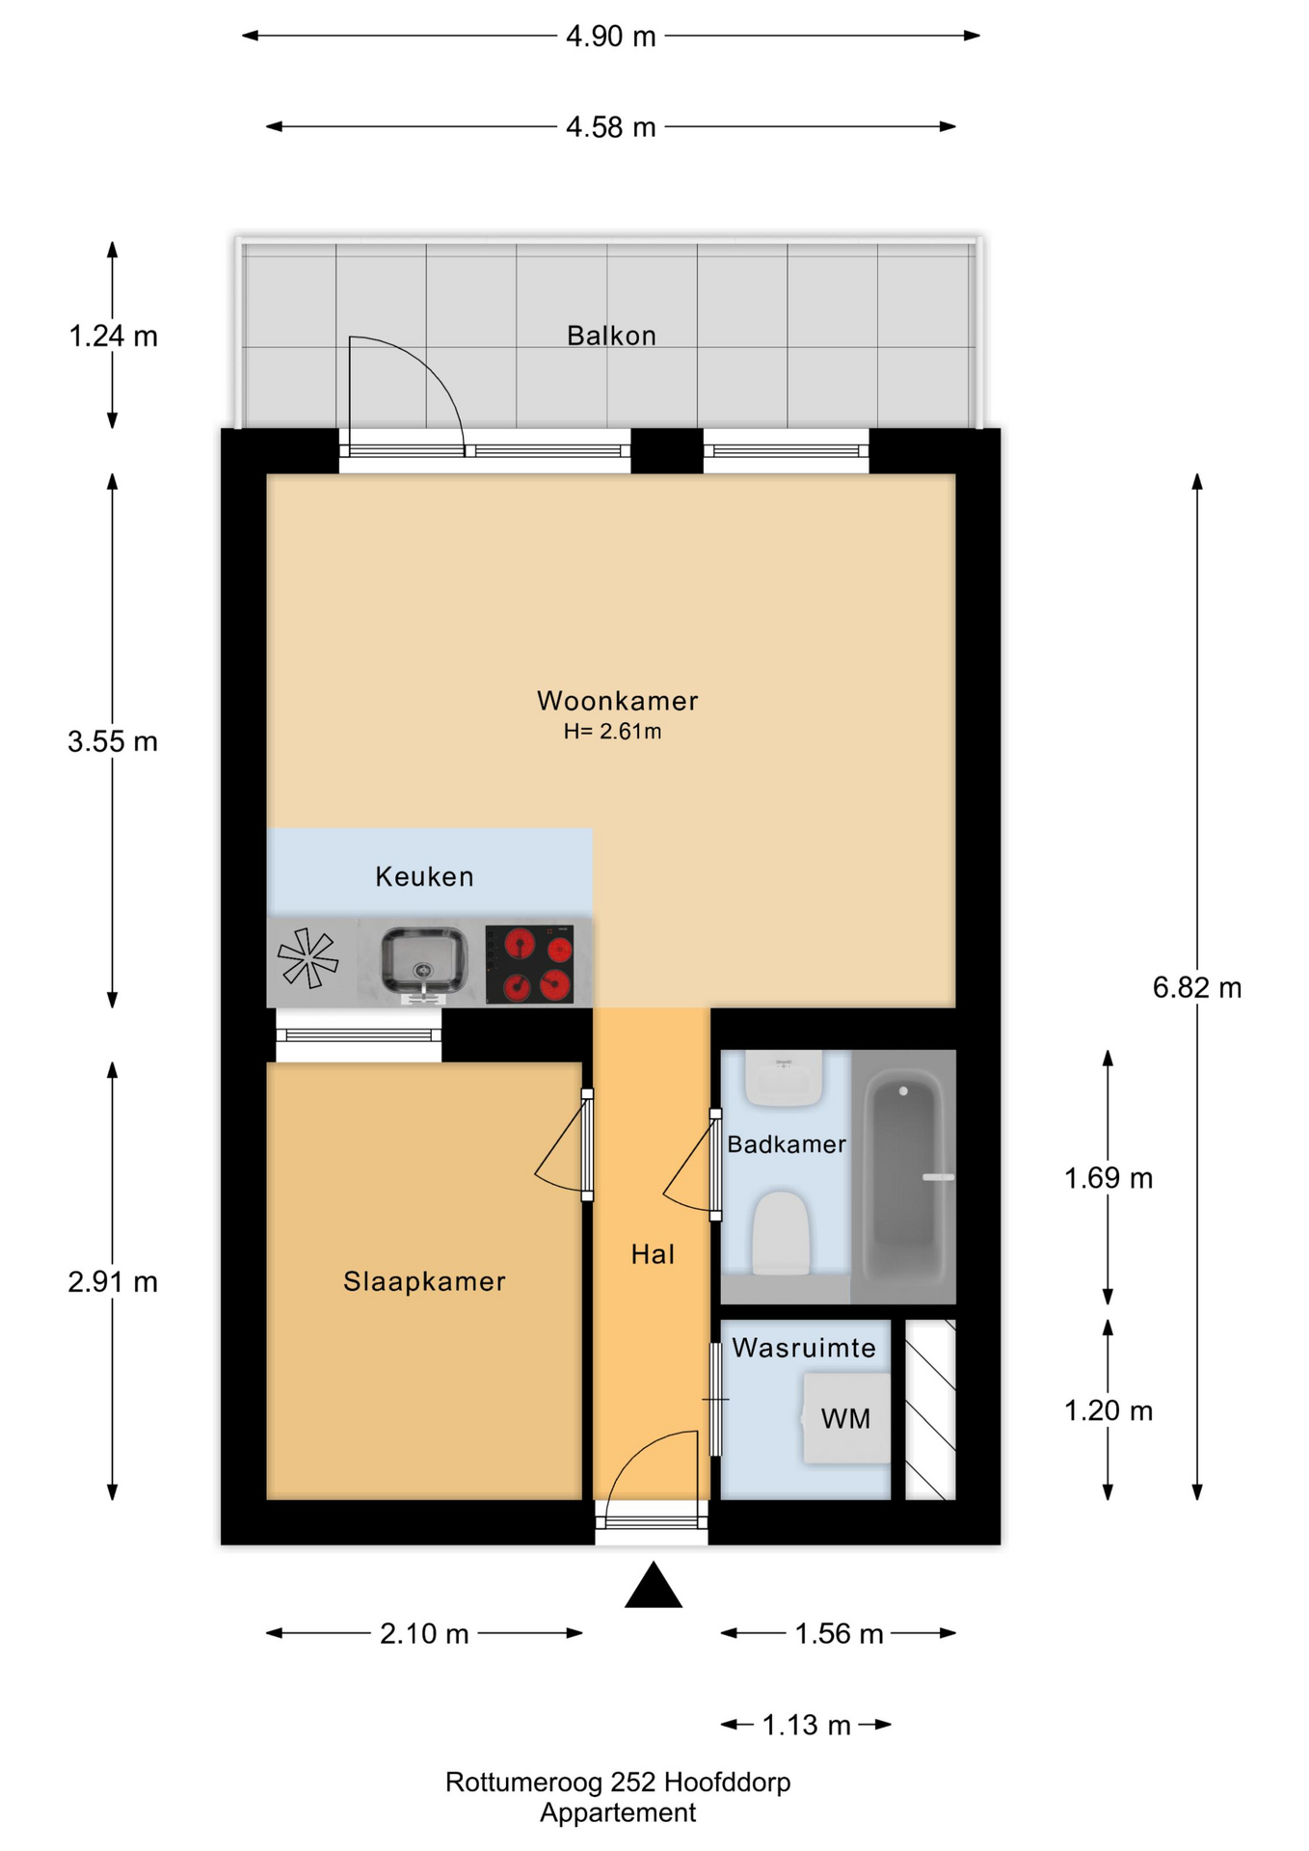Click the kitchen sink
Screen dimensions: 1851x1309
click(x=423, y=960)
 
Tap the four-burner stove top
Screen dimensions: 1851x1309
click(x=529, y=964)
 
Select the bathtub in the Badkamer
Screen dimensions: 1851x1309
click(x=903, y=1176)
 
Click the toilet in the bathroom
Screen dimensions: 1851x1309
click(x=780, y=1234)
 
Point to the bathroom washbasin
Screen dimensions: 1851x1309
click(x=783, y=1078)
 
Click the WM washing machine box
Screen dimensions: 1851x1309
click(x=846, y=1418)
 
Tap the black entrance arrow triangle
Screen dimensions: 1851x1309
click(x=654, y=1588)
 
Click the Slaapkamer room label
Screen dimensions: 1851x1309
click(x=424, y=1281)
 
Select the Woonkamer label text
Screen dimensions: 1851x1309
click(x=617, y=701)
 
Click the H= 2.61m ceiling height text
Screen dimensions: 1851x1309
click(x=612, y=732)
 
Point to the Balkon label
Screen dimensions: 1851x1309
click(x=611, y=335)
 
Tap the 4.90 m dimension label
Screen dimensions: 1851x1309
click(x=610, y=37)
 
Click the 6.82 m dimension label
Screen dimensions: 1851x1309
click(x=1196, y=987)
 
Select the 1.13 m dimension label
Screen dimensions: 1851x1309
click(x=806, y=1725)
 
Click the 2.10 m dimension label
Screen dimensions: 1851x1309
click(x=424, y=1633)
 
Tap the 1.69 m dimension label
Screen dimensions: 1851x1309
click(x=1108, y=1178)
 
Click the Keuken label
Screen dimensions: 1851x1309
click(x=424, y=876)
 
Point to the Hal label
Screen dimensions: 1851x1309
click(x=653, y=1254)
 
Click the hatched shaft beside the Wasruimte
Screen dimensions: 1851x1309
click(x=930, y=1409)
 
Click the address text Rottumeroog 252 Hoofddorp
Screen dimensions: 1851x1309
click(x=617, y=1782)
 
